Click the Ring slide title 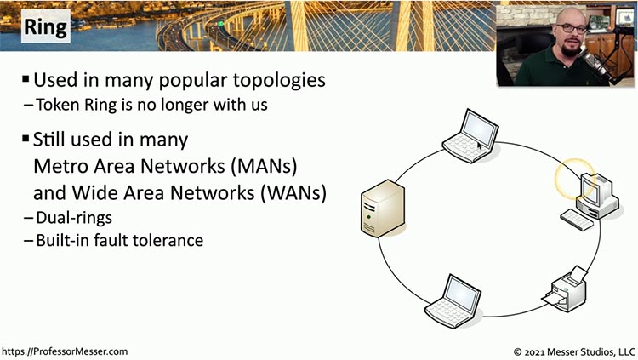pos(46,26)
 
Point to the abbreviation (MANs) pos(264,166)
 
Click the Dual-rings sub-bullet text pos(74,218)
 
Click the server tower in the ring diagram pos(383,209)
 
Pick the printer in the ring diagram pos(565,289)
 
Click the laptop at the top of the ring pos(470,135)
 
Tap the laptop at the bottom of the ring pos(453,301)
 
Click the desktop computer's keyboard pos(577,220)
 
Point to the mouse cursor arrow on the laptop pos(480,146)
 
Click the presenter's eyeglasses pos(572,28)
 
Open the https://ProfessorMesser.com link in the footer pos(65,351)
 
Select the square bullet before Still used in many pos(26,139)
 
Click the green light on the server pos(368,217)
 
